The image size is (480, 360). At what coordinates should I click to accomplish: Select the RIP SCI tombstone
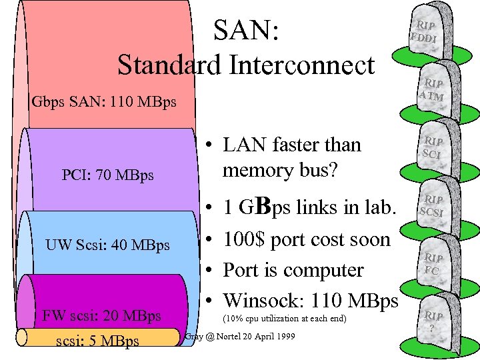pyautogui.click(x=433, y=148)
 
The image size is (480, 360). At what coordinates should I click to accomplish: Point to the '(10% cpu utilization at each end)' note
pyautogui.click(x=284, y=319)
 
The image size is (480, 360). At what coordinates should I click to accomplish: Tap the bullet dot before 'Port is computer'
pyautogui.click(x=209, y=271)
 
